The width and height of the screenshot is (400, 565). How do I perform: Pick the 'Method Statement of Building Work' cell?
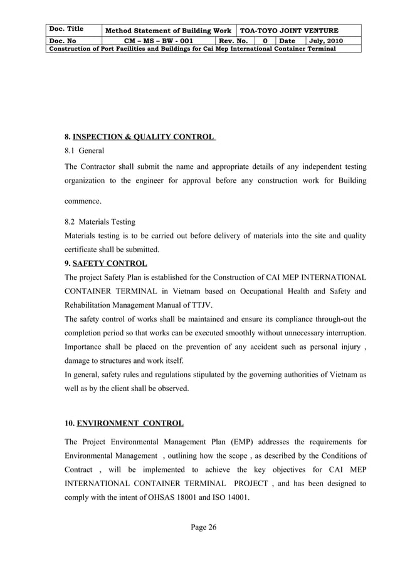pos(167,31)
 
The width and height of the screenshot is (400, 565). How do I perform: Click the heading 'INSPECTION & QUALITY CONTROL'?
pos(144,136)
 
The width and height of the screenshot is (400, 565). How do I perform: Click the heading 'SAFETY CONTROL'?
pos(110,263)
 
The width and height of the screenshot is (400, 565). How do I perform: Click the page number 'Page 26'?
pos(204,527)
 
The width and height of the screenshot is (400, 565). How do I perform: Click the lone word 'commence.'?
pos(83,201)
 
